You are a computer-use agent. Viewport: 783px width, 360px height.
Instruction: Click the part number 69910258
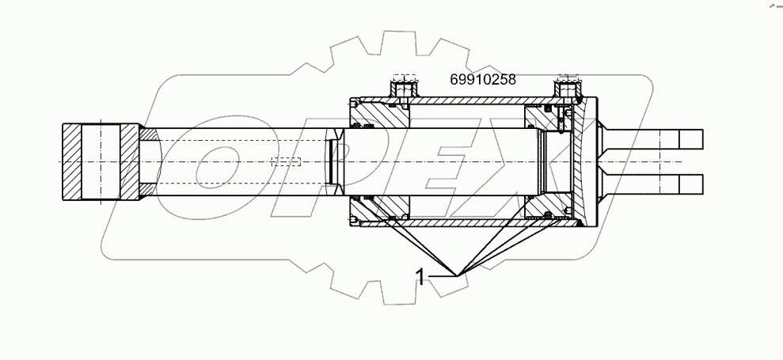click(x=482, y=79)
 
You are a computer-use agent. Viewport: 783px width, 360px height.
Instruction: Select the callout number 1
click(x=424, y=275)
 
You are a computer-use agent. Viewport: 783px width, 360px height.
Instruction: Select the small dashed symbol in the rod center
click(x=286, y=161)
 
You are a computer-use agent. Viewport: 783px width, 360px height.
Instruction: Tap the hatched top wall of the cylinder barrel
click(x=475, y=101)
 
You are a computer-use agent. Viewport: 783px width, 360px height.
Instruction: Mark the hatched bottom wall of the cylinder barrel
click(x=475, y=225)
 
